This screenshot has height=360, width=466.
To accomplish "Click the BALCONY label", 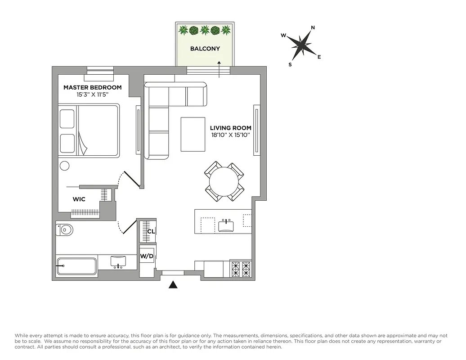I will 205,49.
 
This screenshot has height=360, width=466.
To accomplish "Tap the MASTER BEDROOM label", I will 92,87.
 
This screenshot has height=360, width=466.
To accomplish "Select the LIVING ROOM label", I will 230,128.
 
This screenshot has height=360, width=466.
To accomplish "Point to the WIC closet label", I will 79,199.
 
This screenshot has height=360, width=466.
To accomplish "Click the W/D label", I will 147,256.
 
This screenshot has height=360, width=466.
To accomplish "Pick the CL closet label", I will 151,231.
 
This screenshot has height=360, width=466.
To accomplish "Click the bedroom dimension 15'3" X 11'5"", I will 92,95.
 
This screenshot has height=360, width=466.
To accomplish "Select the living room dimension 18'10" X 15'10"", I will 230,135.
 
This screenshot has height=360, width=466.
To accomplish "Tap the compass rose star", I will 300,45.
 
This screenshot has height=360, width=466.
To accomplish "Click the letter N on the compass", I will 313,28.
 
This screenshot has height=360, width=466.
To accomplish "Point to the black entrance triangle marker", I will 173,284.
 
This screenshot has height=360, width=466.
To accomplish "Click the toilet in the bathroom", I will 64,230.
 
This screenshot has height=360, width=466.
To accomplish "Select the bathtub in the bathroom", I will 76,266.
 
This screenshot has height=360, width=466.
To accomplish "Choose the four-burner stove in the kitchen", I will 240,269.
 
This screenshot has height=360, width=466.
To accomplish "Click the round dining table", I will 224,181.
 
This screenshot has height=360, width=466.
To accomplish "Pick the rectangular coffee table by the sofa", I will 193,134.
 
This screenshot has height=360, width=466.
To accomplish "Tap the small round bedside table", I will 65,166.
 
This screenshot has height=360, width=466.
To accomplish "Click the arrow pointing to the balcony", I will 219,69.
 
